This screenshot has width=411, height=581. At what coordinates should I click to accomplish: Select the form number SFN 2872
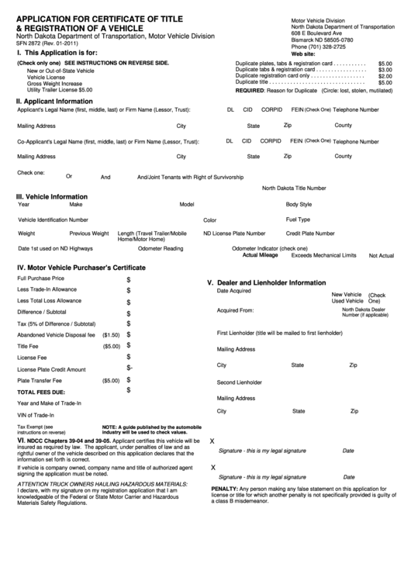pyautogui.click(x=30, y=43)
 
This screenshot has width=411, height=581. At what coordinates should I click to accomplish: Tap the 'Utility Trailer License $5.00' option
pyautogui.click(x=60, y=90)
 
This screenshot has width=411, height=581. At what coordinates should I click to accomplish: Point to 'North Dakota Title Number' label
pyautogui.click(x=294, y=188)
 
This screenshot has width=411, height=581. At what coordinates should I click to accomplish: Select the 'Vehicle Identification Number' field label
pyautogui.click(x=53, y=220)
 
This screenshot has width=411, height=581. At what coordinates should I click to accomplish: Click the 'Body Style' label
pyautogui.click(x=299, y=205)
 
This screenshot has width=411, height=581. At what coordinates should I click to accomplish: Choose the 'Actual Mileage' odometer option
pyautogui.click(x=260, y=254)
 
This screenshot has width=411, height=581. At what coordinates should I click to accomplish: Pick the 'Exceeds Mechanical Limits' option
pyautogui.click(x=323, y=254)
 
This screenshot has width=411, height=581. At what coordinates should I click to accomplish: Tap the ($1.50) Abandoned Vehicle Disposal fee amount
pyautogui.click(x=111, y=335)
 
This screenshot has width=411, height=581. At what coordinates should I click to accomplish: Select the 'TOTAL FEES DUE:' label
pyautogui.click(x=41, y=393)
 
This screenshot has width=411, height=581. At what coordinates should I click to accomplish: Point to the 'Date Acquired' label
pyautogui.click(x=233, y=291)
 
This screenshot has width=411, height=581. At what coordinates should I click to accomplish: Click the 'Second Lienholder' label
pyautogui.click(x=239, y=382)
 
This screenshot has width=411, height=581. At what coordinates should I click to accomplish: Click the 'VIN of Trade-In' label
pyautogui.click(x=36, y=415)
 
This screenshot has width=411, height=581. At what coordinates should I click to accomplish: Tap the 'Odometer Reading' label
pyautogui.click(x=161, y=248)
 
